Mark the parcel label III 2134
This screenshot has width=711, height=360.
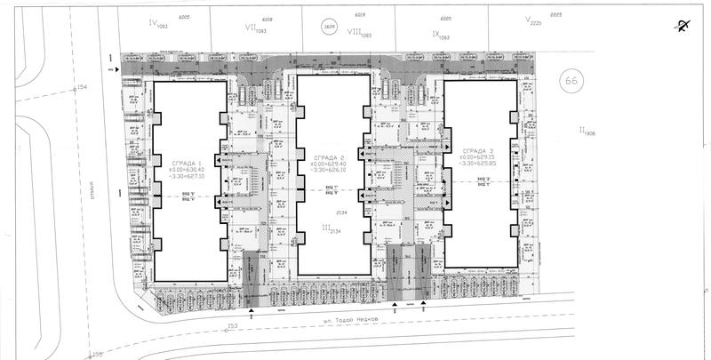331,229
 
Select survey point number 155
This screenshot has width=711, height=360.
96,355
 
